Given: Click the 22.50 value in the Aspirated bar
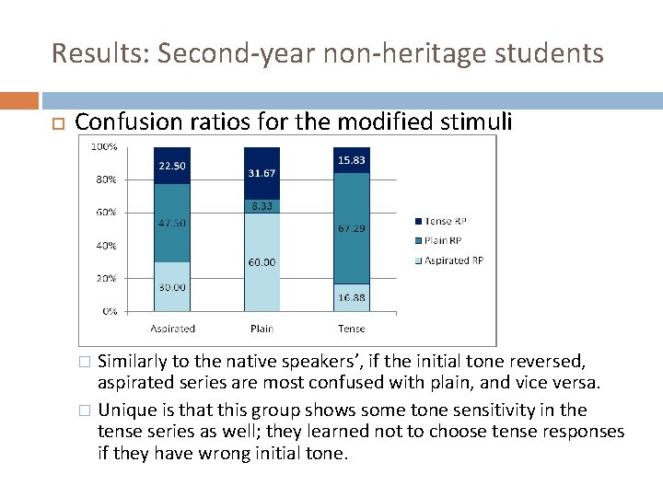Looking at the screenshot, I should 171,166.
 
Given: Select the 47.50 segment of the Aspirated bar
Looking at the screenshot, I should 171,223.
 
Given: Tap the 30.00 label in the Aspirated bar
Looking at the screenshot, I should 171,287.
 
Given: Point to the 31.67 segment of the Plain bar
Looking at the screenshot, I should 262,174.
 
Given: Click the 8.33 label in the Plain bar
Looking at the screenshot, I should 262,207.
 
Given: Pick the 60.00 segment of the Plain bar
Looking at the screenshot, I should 262,262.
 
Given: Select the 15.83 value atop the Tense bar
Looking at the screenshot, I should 351,160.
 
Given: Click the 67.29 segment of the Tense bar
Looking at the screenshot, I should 351,227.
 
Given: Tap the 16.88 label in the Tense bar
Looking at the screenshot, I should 351,297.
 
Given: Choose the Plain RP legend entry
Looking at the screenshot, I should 448,241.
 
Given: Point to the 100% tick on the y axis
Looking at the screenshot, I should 104,146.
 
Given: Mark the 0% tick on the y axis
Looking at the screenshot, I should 109,312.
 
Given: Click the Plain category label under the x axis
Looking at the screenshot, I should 262,329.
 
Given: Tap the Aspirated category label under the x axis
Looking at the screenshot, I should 172,329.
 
